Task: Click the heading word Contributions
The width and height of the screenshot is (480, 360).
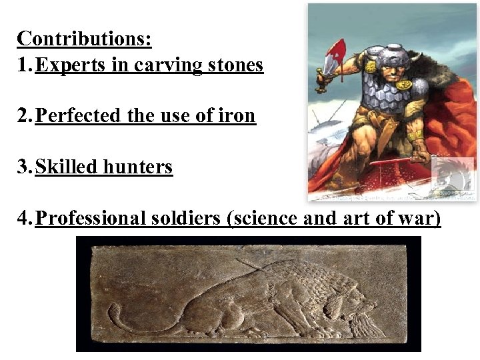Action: [x=84, y=38]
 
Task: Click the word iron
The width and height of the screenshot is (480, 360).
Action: [x=239, y=116]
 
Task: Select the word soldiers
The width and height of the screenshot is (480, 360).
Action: [x=188, y=217]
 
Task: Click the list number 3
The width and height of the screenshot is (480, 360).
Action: [x=24, y=166]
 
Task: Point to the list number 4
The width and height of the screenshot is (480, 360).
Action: [x=24, y=217]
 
